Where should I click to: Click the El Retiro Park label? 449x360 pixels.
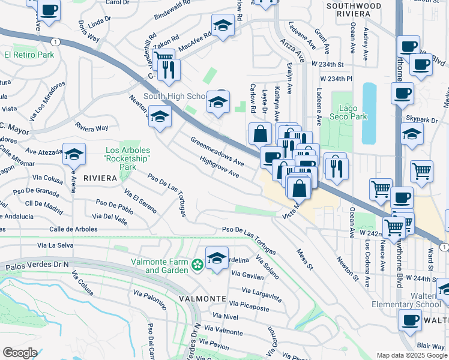coord(29,55)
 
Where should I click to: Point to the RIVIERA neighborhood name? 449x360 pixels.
coord(100,178)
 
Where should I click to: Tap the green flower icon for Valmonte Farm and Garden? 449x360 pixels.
coord(196,265)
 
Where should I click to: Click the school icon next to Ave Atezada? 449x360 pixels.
coord(74,154)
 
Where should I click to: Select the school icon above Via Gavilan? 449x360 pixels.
coord(217,257)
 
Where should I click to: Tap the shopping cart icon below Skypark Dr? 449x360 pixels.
coord(421,171)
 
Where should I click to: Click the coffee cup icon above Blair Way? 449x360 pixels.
coord(411,320)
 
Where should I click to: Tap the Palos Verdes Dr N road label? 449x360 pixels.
coord(36,265)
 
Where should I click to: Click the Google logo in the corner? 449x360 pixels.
coord(20,352)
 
